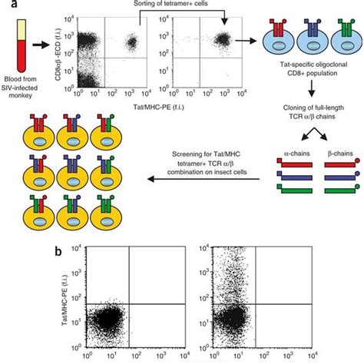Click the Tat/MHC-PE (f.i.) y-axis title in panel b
click(64, 303)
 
